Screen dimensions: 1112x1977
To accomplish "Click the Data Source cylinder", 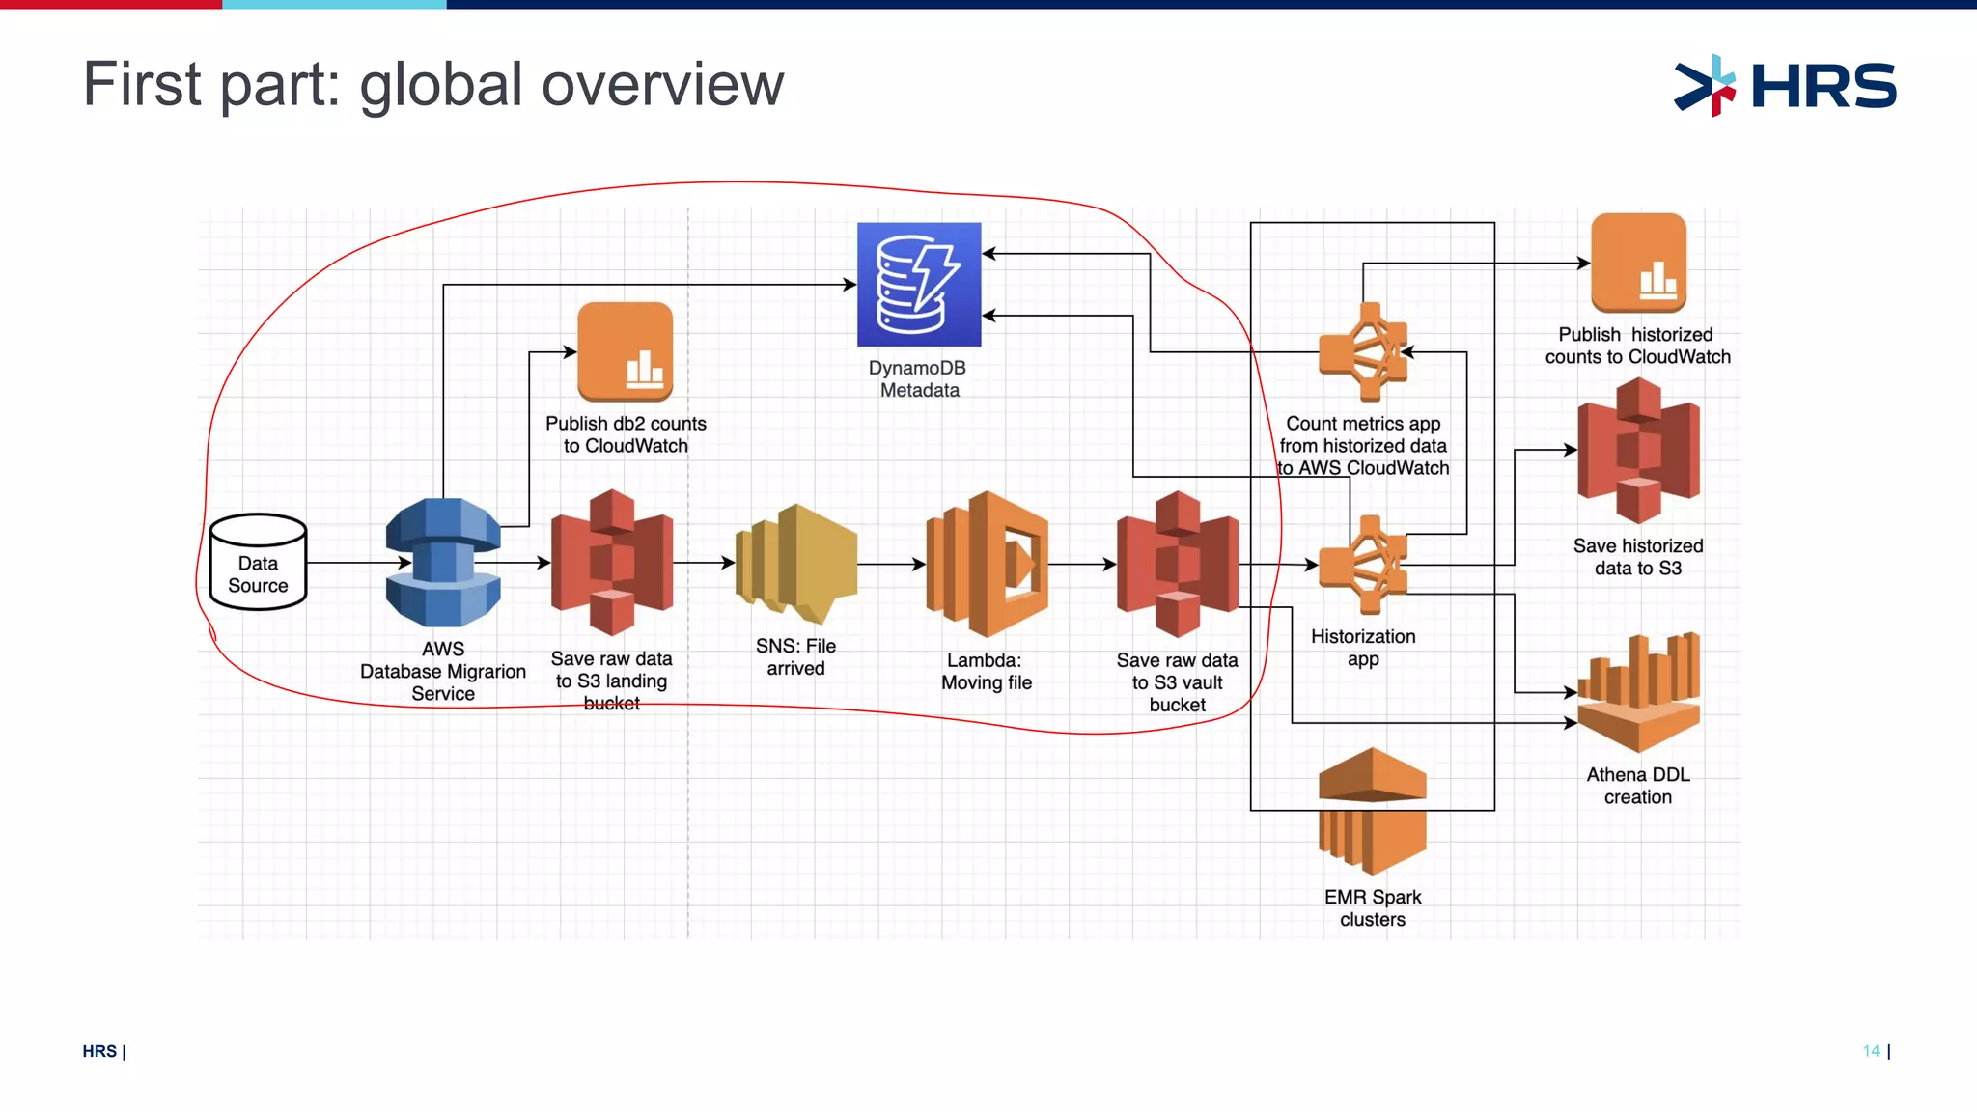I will (x=258, y=563).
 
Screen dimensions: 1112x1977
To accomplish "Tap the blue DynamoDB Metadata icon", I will (x=919, y=285).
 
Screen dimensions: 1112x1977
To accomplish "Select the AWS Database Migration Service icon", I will (x=443, y=563).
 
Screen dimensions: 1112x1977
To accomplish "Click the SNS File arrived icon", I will (x=796, y=564).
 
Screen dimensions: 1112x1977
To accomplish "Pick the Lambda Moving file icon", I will (x=987, y=564).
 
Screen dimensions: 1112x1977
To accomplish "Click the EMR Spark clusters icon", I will (x=1372, y=811).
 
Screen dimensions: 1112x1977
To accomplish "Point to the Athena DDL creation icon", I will (x=1638, y=693).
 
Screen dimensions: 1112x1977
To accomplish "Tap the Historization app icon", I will (x=1364, y=565).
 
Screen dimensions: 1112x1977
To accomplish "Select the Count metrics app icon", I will (x=1364, y=352).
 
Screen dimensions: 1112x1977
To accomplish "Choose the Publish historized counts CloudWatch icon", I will (x=1638, y=263).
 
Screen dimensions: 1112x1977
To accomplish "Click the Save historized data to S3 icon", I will (x=1638, y=451).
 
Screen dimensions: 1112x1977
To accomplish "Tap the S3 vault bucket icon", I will (x=1178, y=564).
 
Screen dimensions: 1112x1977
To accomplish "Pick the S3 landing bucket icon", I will (x=612, y=563).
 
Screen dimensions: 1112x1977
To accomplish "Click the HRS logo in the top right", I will (x=1785, y=86).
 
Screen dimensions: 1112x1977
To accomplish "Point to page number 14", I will (x=1871, y=1051).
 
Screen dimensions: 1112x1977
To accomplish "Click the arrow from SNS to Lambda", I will (x=891, y=564).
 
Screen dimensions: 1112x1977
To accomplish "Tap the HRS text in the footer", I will (x=99, y=1051).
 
